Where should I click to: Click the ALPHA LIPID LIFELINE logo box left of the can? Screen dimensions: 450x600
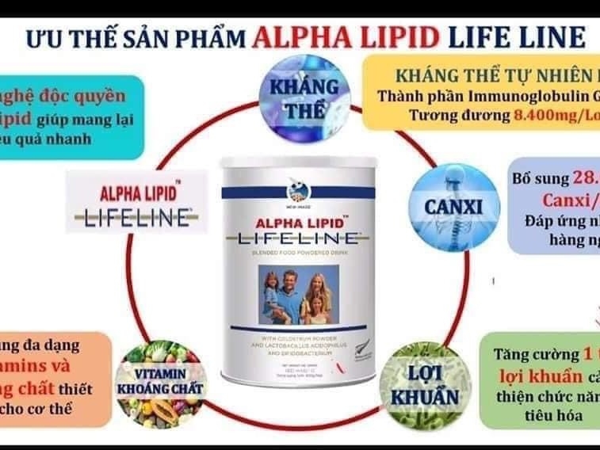(136, 202)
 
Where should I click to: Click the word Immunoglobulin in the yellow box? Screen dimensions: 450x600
(498, 97)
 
